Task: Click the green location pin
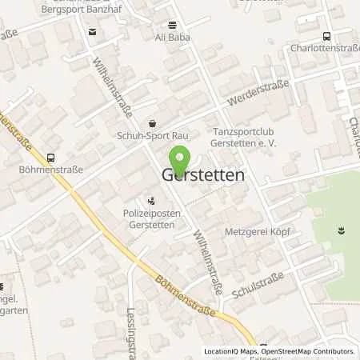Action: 180,159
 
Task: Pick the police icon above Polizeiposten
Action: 152,202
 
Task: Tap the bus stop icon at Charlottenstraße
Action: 326,35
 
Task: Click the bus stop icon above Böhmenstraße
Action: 51,158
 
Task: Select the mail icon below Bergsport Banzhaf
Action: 91,32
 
